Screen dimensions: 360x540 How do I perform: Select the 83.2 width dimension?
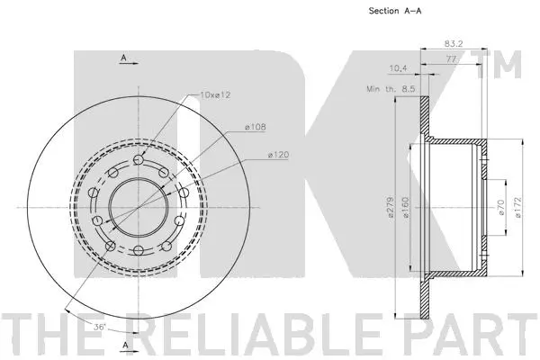(x=453, y=42)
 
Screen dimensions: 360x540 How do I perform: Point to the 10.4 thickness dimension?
(x=397, y=68)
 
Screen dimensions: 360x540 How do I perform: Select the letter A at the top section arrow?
(x=123, y=58)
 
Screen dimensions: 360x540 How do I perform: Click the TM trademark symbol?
(x=507, y=64)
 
